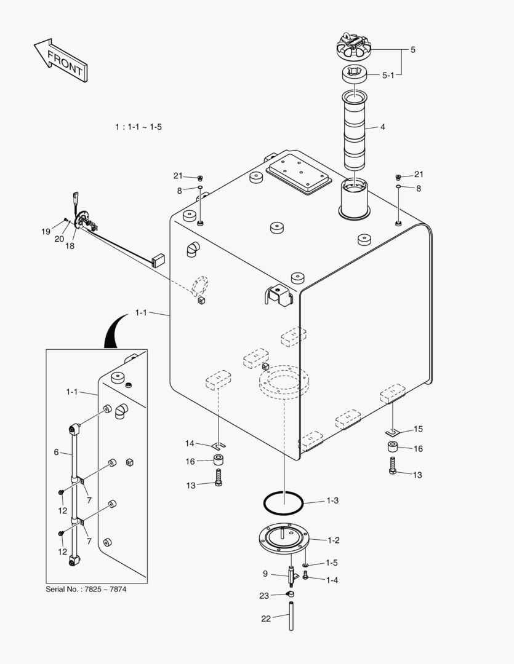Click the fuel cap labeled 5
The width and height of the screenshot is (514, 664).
tap(356, 47)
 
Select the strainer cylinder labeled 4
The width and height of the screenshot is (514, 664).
tap(355, 130)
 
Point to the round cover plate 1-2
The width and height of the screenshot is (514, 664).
tap(284, 539)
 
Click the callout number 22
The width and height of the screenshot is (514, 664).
tap(265, 619)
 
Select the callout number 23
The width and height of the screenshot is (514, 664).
tap(264, 595)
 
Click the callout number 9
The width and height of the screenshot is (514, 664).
tap(265, 574)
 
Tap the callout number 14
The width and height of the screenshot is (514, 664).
tap(190, 443)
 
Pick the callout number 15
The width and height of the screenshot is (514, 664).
tap(418, 429)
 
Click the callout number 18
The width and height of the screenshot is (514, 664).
tap(70, 245)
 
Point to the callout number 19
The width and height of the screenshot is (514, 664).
tap(46, 232)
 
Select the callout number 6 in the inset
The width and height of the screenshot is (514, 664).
tap(56, 452)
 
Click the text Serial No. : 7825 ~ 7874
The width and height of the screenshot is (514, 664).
tap(86, 589)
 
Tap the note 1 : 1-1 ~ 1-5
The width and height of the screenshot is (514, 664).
tap(139, 127)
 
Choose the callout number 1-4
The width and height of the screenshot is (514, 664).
tap(332, 579)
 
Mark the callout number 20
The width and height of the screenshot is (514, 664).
tap(60, 239)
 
